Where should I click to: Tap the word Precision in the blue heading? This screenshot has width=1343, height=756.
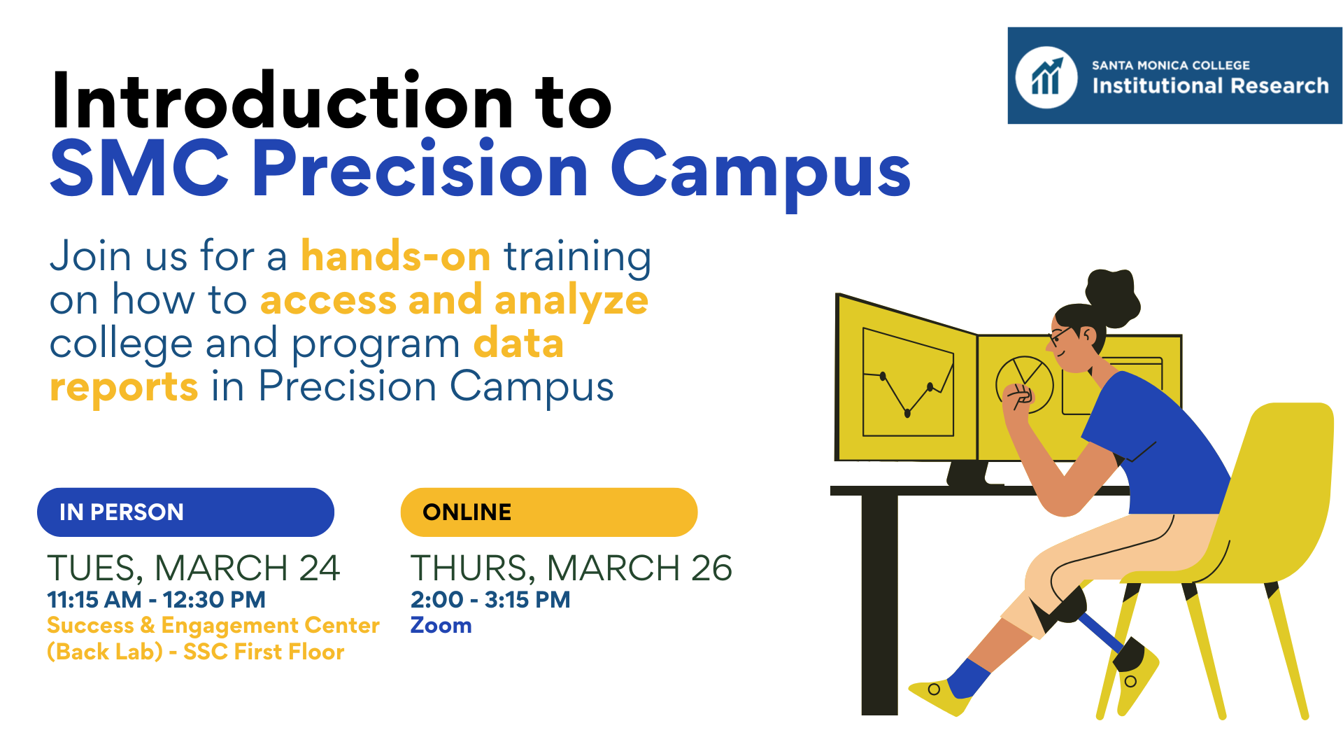coord(420,170)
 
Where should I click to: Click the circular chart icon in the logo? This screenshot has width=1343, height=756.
coord(1046,77)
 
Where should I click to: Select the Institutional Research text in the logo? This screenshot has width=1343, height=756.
coord(1210,85)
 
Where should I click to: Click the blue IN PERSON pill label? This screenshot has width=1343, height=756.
coord(185,512)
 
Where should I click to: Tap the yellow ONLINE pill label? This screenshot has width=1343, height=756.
coord(549,512)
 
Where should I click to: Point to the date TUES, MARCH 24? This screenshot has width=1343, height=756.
coord(194,568)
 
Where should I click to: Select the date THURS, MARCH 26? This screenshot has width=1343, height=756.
coord(571,568)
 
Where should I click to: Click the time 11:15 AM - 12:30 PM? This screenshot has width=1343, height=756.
coord(156,600)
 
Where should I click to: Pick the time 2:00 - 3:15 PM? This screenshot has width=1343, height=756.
coord(490,600)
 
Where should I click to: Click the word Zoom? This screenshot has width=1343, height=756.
coord(441,625)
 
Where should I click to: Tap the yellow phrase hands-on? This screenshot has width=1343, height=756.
coord(396,256)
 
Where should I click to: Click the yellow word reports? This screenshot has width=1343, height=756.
coord(124,387)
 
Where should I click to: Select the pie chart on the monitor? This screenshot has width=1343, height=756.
coord(1024,384)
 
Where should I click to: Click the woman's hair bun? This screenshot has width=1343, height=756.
coord(1112,297)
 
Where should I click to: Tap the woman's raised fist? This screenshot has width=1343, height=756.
coord(1018,397)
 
